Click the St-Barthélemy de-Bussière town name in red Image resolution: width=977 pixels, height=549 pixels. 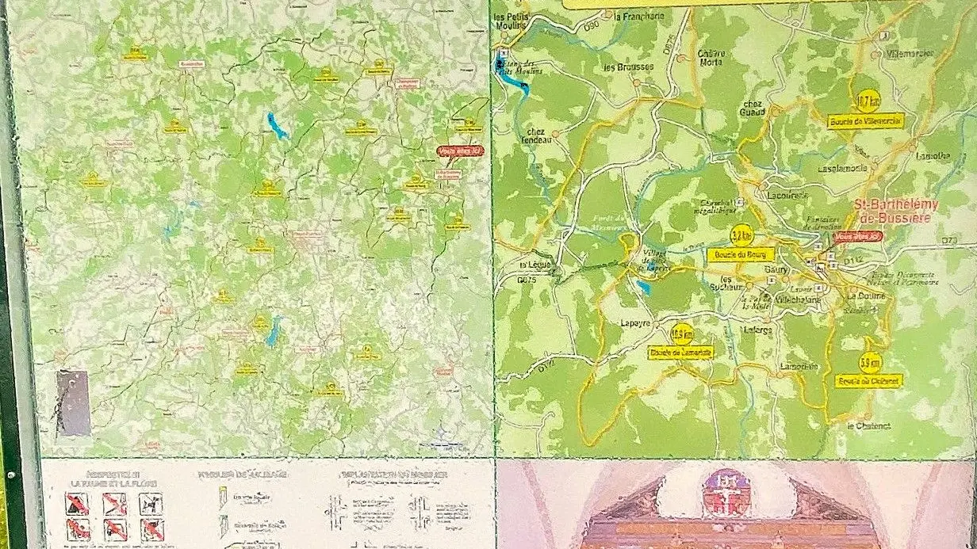coord(897,211)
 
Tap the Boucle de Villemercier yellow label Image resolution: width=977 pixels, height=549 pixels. coord(866,121)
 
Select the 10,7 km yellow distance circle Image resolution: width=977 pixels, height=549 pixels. coord(868,101)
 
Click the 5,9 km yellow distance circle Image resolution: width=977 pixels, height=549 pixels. coord(871,363)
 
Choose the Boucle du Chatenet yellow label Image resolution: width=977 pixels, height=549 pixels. coord(869,381)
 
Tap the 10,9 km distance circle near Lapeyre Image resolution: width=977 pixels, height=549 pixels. coord(681,334)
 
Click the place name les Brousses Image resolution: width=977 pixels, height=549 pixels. coord(628,67)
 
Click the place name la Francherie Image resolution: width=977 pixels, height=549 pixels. coord(638,15)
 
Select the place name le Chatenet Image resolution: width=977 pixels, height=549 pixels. coord(868,425)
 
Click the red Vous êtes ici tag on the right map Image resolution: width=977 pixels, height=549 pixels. coord(858,236)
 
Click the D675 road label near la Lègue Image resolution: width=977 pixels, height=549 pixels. coord(527,280)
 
